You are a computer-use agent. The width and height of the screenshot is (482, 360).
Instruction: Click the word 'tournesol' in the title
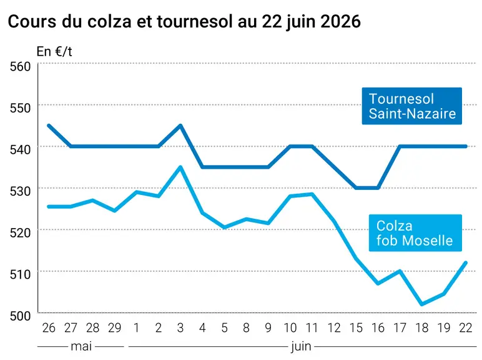click(x=194, y=21)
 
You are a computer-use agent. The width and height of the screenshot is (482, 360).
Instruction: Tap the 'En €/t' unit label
click(x=54, y=52)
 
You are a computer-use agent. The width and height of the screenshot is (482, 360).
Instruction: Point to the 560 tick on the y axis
click(x=20, y=66)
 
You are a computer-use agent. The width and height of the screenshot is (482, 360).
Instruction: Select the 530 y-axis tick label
click(x=20, y=191)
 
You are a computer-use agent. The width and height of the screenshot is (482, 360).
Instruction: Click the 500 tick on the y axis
click(x=20, y=316)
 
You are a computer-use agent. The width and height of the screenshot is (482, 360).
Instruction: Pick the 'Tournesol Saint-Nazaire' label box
click(x=412, y=106)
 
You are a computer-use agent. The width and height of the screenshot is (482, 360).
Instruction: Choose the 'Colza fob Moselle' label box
click(x=415, y=233)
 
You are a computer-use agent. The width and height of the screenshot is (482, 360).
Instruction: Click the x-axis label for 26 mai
click(x=49, y=328)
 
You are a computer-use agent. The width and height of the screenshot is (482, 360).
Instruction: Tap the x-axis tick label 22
click(x=466, y=328)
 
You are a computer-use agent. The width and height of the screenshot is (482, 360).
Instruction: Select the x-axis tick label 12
click(x=334, y=328)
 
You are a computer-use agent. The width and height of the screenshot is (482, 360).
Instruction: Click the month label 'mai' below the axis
click(x=81, y=346)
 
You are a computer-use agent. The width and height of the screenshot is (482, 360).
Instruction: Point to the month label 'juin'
click(x=301, y=347)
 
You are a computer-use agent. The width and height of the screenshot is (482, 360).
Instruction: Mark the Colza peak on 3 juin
click(x=180, y=167)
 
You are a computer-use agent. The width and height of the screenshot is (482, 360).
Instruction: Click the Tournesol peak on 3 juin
click(x=180, y=125)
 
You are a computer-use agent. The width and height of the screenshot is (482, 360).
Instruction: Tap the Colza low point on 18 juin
click(x=422, y=304)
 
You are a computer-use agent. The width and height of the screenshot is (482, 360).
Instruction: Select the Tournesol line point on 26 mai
click(x=49, y=125)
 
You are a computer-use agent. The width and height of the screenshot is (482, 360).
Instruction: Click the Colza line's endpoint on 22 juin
click(x=466, y=262)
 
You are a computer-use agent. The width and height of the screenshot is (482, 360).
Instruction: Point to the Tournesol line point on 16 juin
click(x=378, y=187)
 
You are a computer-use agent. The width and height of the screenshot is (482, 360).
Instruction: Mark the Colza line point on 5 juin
click(x=224, y=227)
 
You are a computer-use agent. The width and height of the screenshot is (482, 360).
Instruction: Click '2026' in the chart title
click(x=341, y=21)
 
